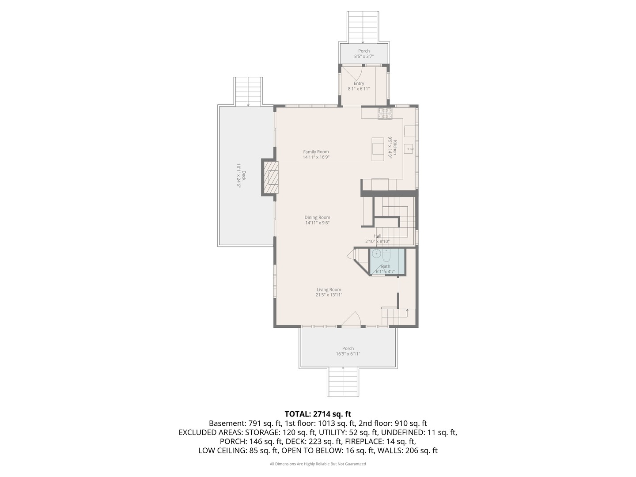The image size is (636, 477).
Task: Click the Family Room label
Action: point(316,152)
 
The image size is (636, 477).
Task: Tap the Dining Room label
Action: point(317,217)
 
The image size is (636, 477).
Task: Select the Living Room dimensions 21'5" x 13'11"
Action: point(329,295)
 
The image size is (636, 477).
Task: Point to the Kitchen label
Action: point(395,148)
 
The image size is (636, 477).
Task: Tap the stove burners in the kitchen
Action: point(385,114)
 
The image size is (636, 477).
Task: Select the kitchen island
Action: point(378,149)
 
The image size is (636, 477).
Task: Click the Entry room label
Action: point(359,83)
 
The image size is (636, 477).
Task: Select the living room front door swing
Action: point(351,319)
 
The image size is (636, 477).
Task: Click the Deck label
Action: point(244,175)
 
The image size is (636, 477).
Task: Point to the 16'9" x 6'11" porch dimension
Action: point(348,354)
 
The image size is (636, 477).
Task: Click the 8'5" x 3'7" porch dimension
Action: point(364,57)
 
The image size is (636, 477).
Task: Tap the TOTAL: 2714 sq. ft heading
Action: point(318,414)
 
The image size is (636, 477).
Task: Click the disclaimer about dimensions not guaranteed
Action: point(318,464)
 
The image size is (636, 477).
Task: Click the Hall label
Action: point(378,236)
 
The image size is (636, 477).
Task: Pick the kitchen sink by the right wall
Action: point(409,149)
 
